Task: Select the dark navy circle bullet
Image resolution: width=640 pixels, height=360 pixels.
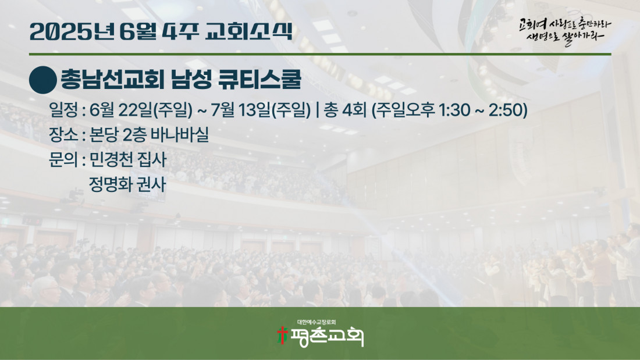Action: click(x=43, y=80)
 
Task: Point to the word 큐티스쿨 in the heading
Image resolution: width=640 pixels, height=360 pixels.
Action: click(x=260, y=79)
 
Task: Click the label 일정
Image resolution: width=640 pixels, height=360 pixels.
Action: click(x=63, y=110)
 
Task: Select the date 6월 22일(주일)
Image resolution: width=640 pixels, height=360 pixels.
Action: click(x=141, y=110)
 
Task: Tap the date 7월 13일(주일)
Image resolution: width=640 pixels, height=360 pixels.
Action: click(x=261, y=110)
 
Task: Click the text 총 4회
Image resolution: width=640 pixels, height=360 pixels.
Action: click(x=345, y=110)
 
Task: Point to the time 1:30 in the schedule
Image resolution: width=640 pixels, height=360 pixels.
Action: click(x=454, y=110)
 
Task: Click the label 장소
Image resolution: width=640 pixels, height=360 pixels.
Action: click(x=63, y=135)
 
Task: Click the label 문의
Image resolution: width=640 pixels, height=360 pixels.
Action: click(x=63, y=159)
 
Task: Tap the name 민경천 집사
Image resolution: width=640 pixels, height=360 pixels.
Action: click(x=128, y=159)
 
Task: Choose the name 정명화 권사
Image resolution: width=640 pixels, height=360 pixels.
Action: click(x=128, y=184)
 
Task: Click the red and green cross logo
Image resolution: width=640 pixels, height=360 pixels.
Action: click(x=282, y=336)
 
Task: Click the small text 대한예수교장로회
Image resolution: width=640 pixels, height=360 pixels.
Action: click(x=317, y=322)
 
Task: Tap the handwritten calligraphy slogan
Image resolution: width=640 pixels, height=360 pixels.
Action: click(x=565, y=31)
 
